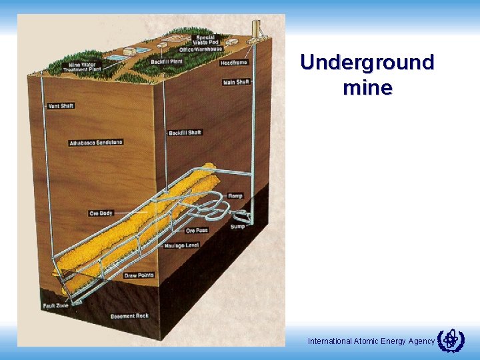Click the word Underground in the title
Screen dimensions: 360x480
click(367, 63)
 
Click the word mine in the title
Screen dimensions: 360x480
click(367, 87)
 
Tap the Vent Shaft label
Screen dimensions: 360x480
click(61, 106)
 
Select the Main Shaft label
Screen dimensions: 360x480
click(237, 82)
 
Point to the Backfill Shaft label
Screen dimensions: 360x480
click(185, 133)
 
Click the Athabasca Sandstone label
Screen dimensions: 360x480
click(96, 143)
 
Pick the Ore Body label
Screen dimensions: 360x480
click(101, 213)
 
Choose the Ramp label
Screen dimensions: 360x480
click(235, 196)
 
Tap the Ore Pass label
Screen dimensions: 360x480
click(197, 230)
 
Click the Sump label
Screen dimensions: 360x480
click(237, 226)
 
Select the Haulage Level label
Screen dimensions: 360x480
click(183, 245)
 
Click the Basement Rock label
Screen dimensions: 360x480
click(129, 316)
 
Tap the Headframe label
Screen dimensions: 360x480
click(233, 63)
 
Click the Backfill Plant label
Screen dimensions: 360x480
click(166, 61)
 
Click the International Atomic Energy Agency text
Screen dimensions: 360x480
click(371, 341)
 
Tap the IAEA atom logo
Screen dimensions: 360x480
click(451, 339)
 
